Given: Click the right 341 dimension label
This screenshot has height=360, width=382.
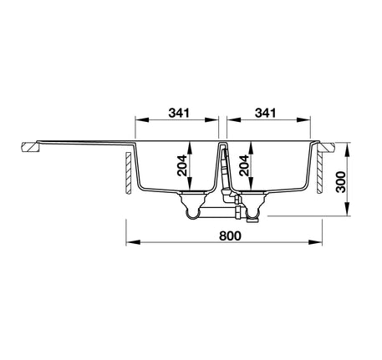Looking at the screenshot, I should click(x=267, y=111).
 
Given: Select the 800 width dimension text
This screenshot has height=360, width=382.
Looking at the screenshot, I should click(x=231, y=236).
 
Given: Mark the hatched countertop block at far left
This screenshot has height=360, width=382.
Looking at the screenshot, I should click(x=29, y=148).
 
